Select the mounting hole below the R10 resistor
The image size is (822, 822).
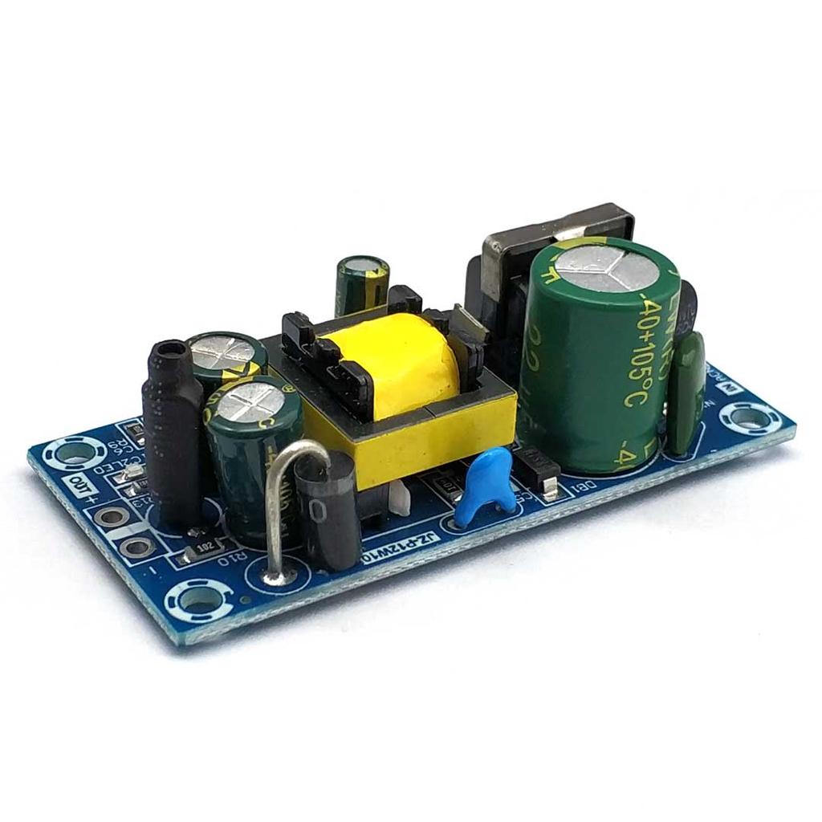coord(197,600)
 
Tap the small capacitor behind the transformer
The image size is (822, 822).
coord(362,286)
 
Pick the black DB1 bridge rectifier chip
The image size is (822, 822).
coord(536,466)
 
